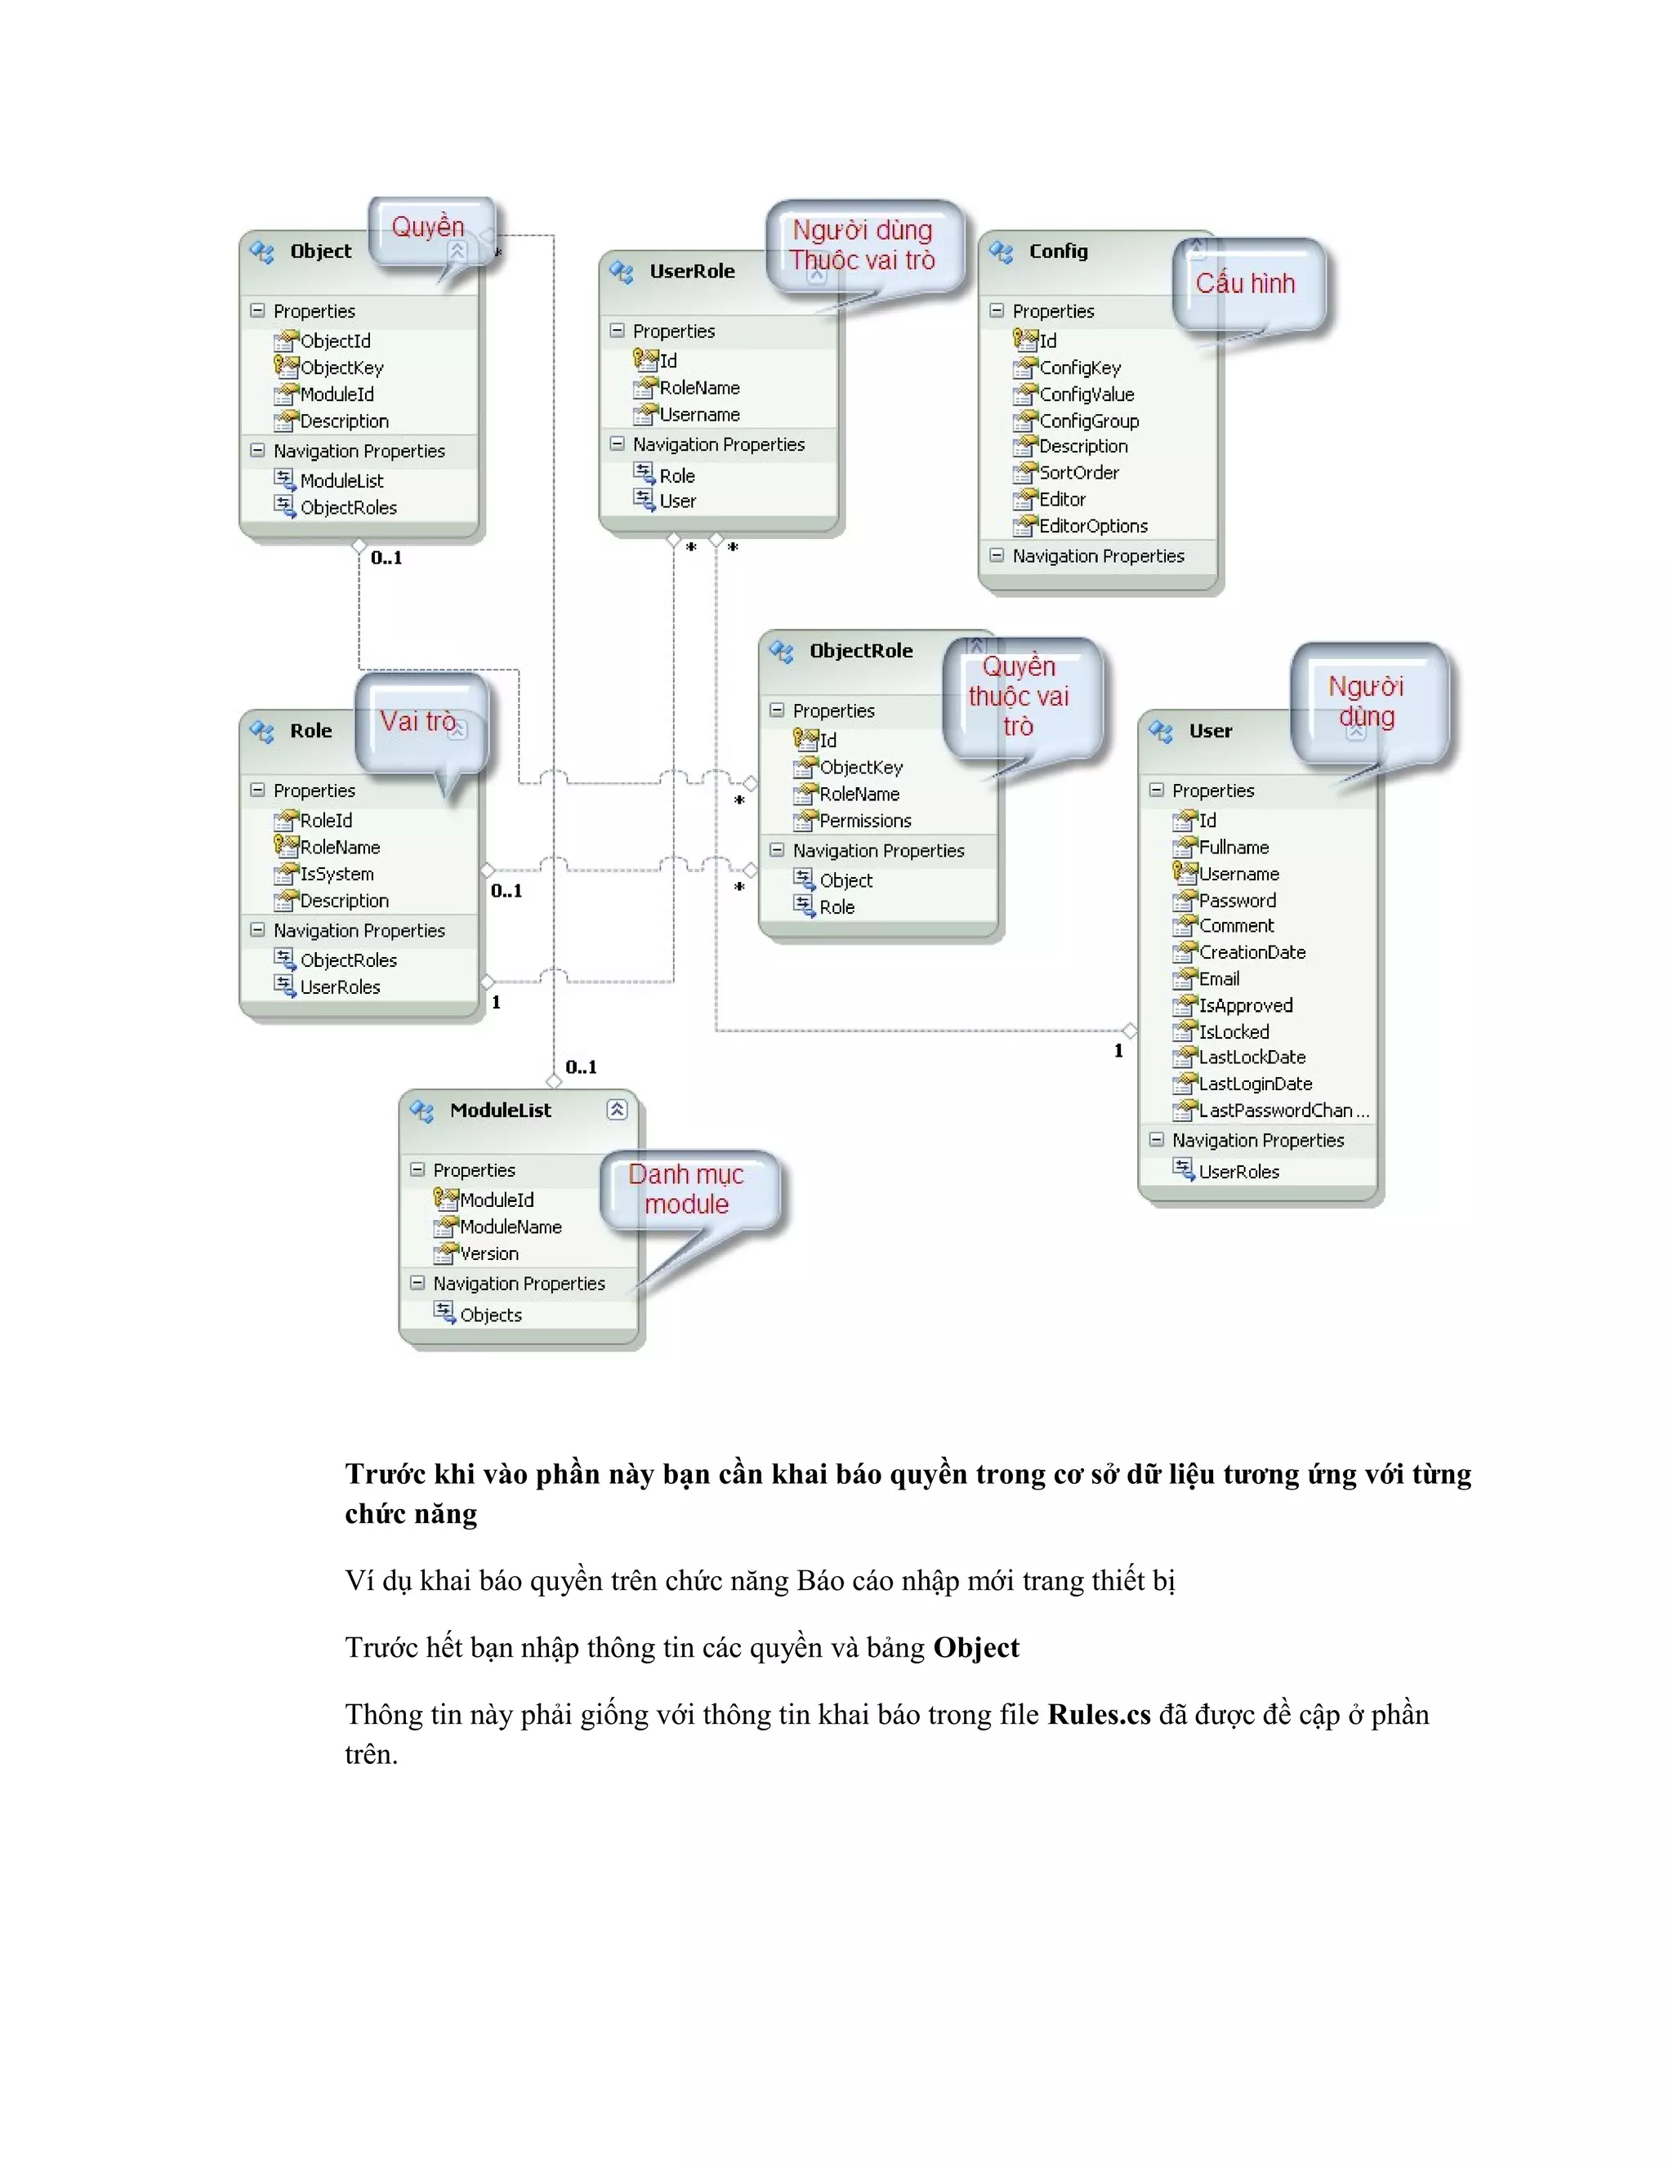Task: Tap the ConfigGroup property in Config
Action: point(1088,421)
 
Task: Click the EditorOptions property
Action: point(1092,526)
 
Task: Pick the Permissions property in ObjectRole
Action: point(864,821)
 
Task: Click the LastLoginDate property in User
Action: point(1255,1084)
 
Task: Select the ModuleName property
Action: point(510,1227)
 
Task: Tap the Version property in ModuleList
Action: point(489,1253)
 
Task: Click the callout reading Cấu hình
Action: point(1245,283)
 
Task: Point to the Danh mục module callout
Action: point(686,1189)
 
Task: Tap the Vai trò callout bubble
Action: point(417,721)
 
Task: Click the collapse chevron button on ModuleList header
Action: point(617,1110)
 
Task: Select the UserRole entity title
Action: point(692,271)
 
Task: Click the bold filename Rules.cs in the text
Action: point(1098,1715)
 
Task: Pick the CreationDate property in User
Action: point(1251,952)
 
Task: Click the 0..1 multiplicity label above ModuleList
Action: point(581,1067)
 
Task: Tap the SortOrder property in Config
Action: point(1078,473)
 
